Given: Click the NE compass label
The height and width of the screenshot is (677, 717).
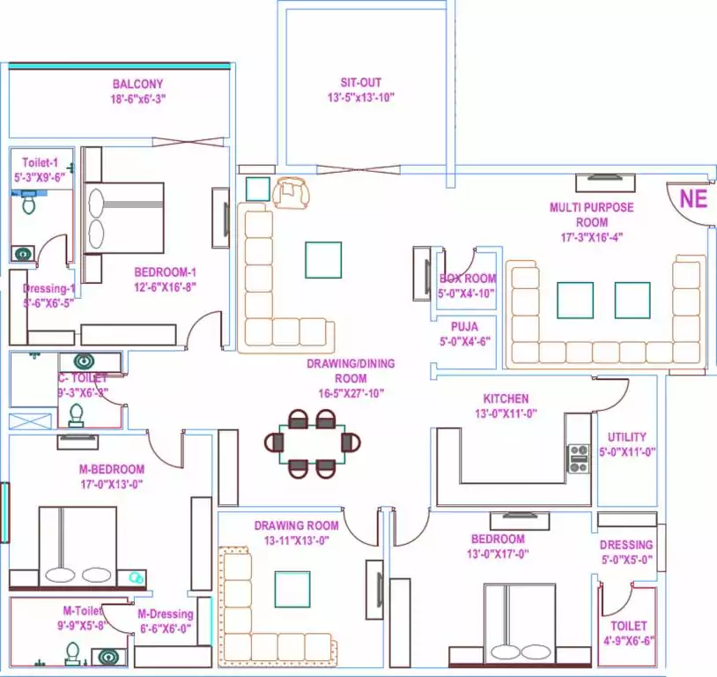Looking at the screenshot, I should tap(693, 198).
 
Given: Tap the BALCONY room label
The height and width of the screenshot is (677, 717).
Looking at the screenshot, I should tap(137, 85).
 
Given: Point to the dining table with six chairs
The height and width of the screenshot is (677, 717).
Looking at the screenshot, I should tap(313, 443).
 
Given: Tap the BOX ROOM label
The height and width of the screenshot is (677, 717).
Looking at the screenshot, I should tap(468, 279).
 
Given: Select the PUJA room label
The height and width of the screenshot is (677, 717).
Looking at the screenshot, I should tap(464, 326).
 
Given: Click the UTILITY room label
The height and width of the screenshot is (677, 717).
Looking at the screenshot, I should tap(626, 436).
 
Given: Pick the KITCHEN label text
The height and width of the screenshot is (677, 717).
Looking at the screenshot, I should tap(506, 398).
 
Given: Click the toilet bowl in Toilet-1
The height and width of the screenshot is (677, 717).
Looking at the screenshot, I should tap(28, 204).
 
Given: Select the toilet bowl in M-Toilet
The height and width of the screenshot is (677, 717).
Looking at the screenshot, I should tap(72, 653).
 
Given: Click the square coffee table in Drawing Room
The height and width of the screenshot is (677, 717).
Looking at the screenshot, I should tap(292, 589).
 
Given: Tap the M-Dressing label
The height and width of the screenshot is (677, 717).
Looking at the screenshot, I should tap(165, 614).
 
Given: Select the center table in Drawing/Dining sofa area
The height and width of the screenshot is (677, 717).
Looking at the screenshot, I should tap(322, 259).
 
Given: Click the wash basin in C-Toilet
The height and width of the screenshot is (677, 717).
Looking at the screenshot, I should tap(85, 361).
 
